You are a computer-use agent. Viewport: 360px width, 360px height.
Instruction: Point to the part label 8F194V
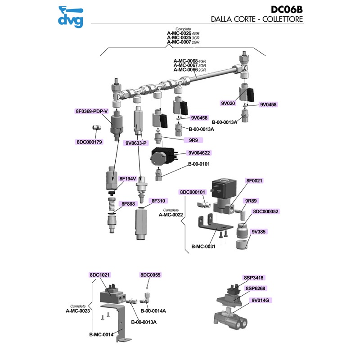pyautogui.click(x=127, y=179)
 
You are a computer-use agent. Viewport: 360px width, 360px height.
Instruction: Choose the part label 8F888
pyautogui.click(x=127, y=204)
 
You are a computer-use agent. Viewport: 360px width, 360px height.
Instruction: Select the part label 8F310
pyautogui.click(x=158, y=201)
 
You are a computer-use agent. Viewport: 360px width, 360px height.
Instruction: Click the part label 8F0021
pyautogui.click(x=254, y=180)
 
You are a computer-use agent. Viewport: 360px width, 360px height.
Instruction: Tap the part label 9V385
pyautogui.click(x=259, y=232)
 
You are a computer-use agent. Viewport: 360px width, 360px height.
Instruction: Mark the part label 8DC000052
pyautogui.click(x=265, y=211)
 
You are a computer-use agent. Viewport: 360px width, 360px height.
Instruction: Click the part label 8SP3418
pyautogui.click(x=254, y=278)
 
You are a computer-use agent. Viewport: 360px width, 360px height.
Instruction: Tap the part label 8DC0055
pyautogui.click(x=150, y=274)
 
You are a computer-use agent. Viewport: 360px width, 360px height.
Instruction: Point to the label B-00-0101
pyautogui.click(x=198, y=164)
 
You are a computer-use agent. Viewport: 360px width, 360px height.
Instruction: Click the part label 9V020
pyautogui.click(x=228, y=103)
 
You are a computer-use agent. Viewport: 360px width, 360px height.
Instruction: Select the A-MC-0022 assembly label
pyautogui.click(x=170, y=215)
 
